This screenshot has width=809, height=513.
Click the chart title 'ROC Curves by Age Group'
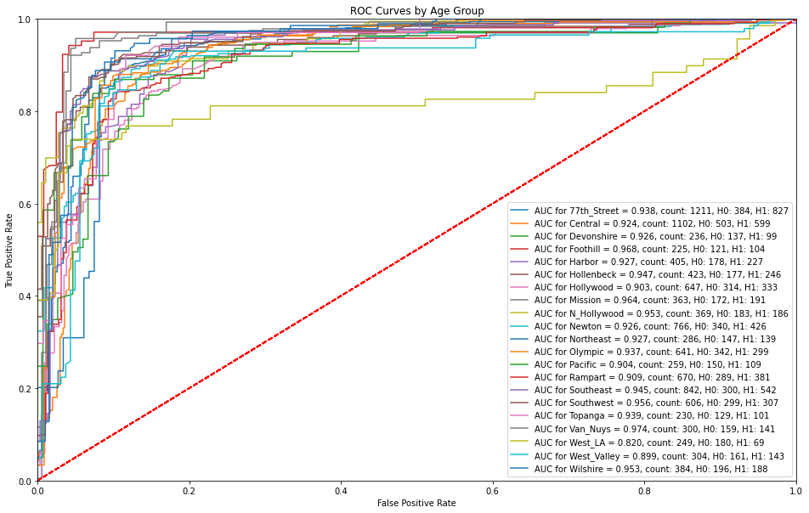pos(416,11)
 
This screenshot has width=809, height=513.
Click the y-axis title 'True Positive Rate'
pos(10,250)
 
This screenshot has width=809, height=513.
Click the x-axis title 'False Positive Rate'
pos(416,503)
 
